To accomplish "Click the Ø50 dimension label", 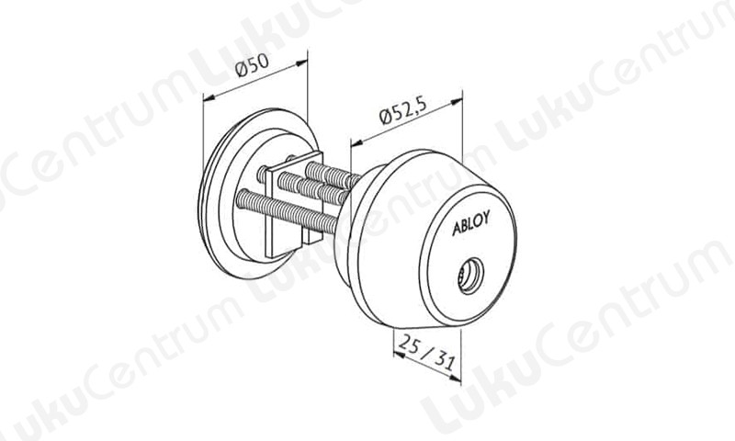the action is coord(253,65).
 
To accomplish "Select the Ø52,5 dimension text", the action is coord(402,111).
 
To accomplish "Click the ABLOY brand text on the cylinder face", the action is coord(471,223).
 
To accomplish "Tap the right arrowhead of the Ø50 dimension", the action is coord(302,62).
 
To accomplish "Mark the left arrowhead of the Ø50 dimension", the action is coord(209,97).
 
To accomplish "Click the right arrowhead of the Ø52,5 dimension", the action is coord(456,101).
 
